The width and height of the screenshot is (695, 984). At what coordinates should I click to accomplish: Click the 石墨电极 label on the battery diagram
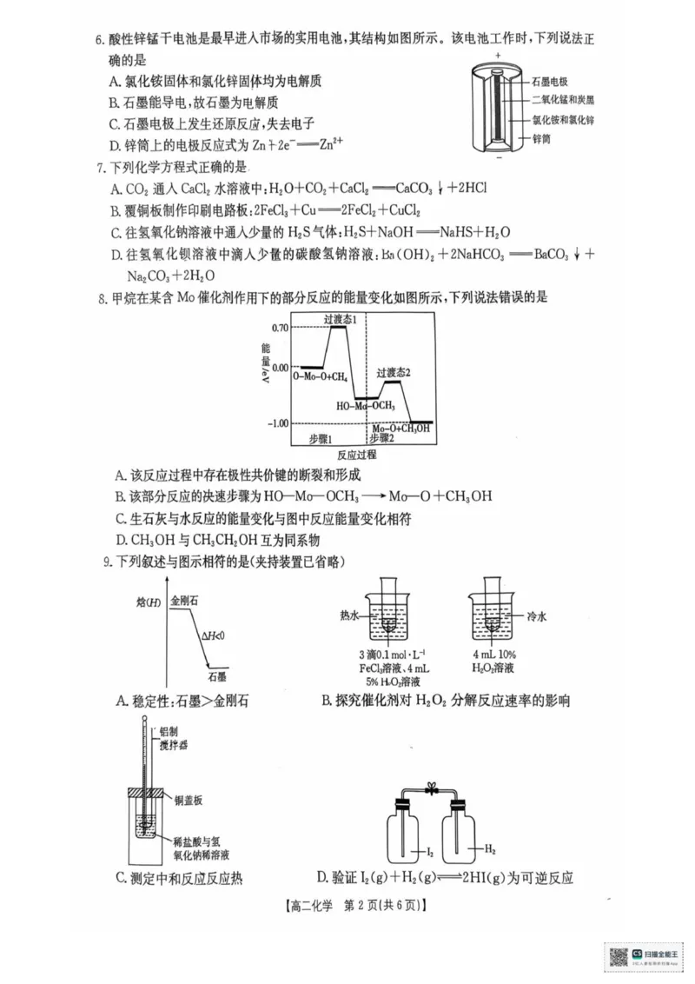pyautogui.click(x=550, y=80)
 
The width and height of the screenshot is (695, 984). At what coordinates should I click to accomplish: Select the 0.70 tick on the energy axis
pyautogui.click(x=279, y=327)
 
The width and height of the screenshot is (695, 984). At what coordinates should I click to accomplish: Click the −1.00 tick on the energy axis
pyautogui.click(x=278, y=423)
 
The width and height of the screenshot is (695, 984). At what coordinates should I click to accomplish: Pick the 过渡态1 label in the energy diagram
pyautogui.click(x=341, y=320)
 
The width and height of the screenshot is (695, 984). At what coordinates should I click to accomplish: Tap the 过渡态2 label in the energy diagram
pyautogui.click(x=393, y=372)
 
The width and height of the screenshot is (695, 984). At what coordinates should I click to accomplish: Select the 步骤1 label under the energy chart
pyautogui.click(x=321, y=438)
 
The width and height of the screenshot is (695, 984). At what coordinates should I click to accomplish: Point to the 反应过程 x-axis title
pyautogui.click(x=356, y=454)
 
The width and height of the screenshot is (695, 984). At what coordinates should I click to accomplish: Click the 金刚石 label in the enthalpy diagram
pyautogui.click(x=185, y=600)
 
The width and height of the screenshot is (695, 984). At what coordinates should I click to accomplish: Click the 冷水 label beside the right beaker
pyautogui.click(x=538, y=614)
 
